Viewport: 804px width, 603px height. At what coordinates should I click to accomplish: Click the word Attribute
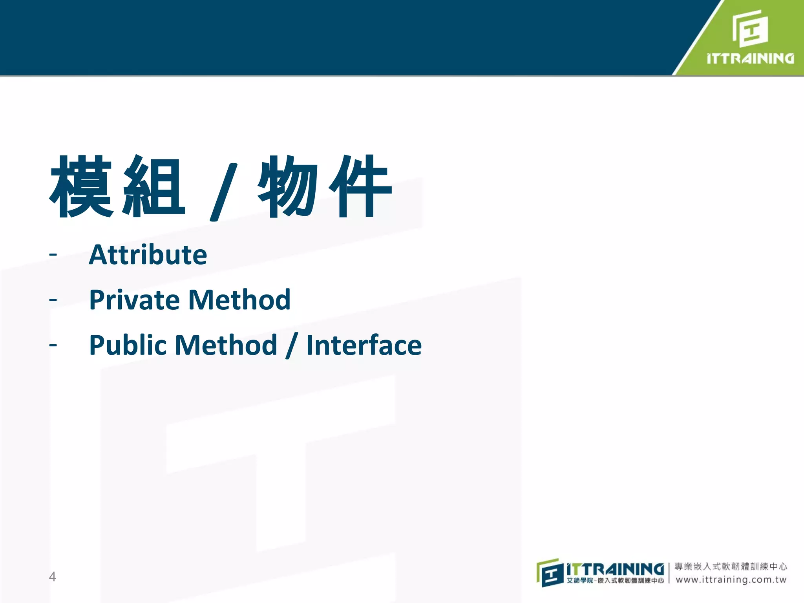pyautogui.click(x=148, y=255)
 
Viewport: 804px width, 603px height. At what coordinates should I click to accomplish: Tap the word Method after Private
pyautogui.click(x=239, y=300)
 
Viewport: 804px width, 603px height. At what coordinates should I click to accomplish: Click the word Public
pyautogui.click(x=128, y=345)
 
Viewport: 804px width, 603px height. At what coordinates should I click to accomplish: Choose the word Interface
pyautogui.click(x=364, y=345)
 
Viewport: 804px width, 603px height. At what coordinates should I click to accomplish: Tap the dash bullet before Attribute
pyautogui.click(x=53, y=255)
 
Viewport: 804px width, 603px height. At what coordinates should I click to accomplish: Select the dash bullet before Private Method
pyautogui.click(x=53, y=300)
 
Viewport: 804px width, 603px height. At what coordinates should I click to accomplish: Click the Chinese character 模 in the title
pyautogui.click(x=82, y=186)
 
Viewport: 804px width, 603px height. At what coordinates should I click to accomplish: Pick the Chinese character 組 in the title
pyautogui.click(x=154, y=186)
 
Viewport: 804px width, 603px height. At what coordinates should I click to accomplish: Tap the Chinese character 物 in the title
pyautogui.click(x=288, y=186)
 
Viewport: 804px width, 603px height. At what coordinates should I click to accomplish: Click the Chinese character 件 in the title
pyautogui.click(x=360, y=186)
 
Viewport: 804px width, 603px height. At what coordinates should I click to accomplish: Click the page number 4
pyautogui.click(x=52, y=577)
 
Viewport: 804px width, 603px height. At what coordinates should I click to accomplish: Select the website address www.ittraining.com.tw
pyautogui.click(x=731, y=580)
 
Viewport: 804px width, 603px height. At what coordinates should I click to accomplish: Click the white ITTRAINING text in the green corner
pyautogui.click(x=750, y=58)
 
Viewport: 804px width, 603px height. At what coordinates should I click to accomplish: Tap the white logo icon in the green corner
pyautogui.click(x=750, y=28)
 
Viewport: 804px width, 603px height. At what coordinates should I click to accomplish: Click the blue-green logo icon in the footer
pyautogui.click(x=550, y=573)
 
